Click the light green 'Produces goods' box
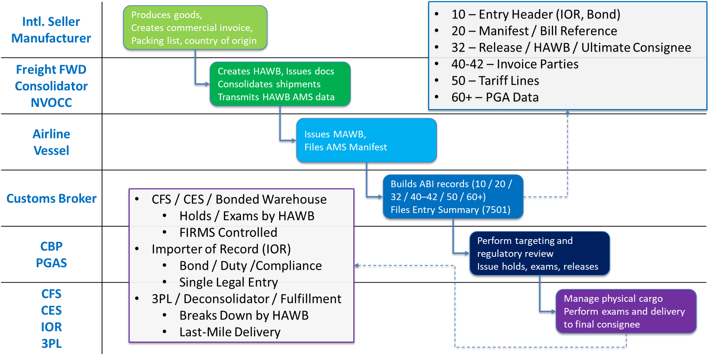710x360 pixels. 195,28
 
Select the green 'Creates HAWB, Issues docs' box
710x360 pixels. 280,84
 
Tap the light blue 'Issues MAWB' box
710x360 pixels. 366,140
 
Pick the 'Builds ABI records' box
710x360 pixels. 453,197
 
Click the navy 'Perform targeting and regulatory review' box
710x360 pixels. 539,254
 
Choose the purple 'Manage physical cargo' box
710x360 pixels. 626,311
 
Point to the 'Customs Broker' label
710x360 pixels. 51,199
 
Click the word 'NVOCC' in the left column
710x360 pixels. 51,103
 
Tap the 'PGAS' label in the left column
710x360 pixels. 51,263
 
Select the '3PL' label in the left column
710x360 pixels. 51,343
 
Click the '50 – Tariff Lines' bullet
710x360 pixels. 495,81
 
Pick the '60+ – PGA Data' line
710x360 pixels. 494,97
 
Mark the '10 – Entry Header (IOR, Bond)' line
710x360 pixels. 535,14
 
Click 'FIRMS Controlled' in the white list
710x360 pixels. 228,233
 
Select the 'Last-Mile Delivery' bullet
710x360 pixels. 230,332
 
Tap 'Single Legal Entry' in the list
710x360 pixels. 228,282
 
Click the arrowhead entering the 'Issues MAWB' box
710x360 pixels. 294,140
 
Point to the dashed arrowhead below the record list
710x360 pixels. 567,112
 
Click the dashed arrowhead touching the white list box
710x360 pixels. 357,265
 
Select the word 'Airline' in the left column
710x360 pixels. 51,134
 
